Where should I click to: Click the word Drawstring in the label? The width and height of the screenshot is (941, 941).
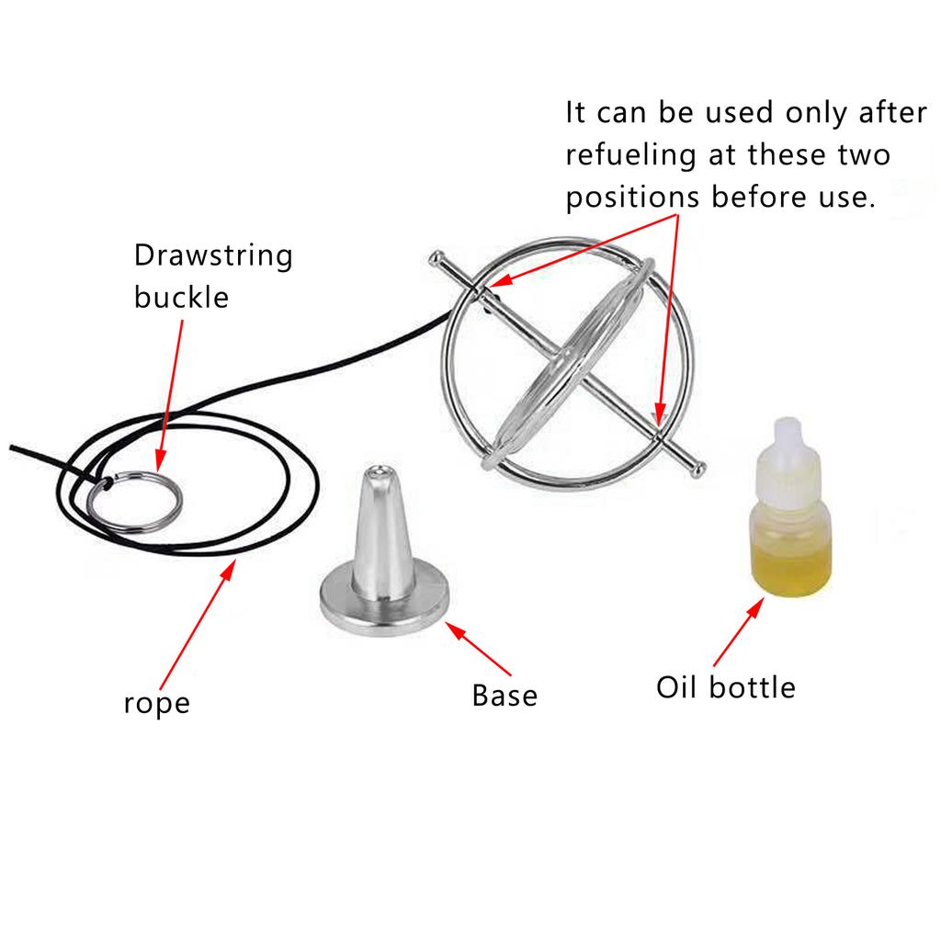pyautogui.click(x=213, y=255)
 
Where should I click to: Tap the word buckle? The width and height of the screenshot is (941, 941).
pyautogui.click(x=181, y=297)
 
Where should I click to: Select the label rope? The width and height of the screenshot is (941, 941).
pyautogui.click(x=156, y=704)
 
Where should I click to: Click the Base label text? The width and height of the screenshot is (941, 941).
pyautogui.click(x=505, y=695)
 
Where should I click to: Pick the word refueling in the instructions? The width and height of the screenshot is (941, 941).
pyautogui.click(x=631, y=155)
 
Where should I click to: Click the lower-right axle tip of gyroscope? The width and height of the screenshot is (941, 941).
pyautogui.click(x=699, y=470)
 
